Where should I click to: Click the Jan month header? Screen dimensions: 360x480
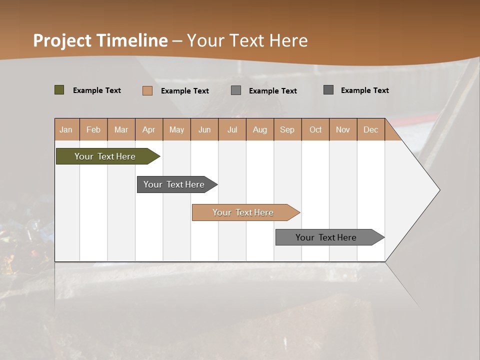[x=66, y=129]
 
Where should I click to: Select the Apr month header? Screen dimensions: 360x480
[x=149, y=129]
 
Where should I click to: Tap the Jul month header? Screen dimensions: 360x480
[x=232, y=129]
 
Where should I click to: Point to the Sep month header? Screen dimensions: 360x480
[x=287, y=129]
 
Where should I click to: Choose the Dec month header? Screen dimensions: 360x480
[x=371, y=129]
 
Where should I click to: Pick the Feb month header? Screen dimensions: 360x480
[x=93, y=129]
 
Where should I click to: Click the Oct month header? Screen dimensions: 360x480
[x=315, y=129]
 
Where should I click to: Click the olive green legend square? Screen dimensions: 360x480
[x=59, y=90]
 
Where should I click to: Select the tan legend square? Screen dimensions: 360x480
[x=147, y=90]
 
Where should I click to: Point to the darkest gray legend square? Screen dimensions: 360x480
[x=328, y=90]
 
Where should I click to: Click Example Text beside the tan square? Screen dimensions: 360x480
[x=185, y=91]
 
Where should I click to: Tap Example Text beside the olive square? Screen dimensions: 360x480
[x=97, y=90]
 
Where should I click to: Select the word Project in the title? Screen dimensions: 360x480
[x=62, y=40]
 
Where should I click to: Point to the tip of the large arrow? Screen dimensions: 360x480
[x=438, y=189]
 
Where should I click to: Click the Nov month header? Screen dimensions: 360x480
[x=343, y=129]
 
